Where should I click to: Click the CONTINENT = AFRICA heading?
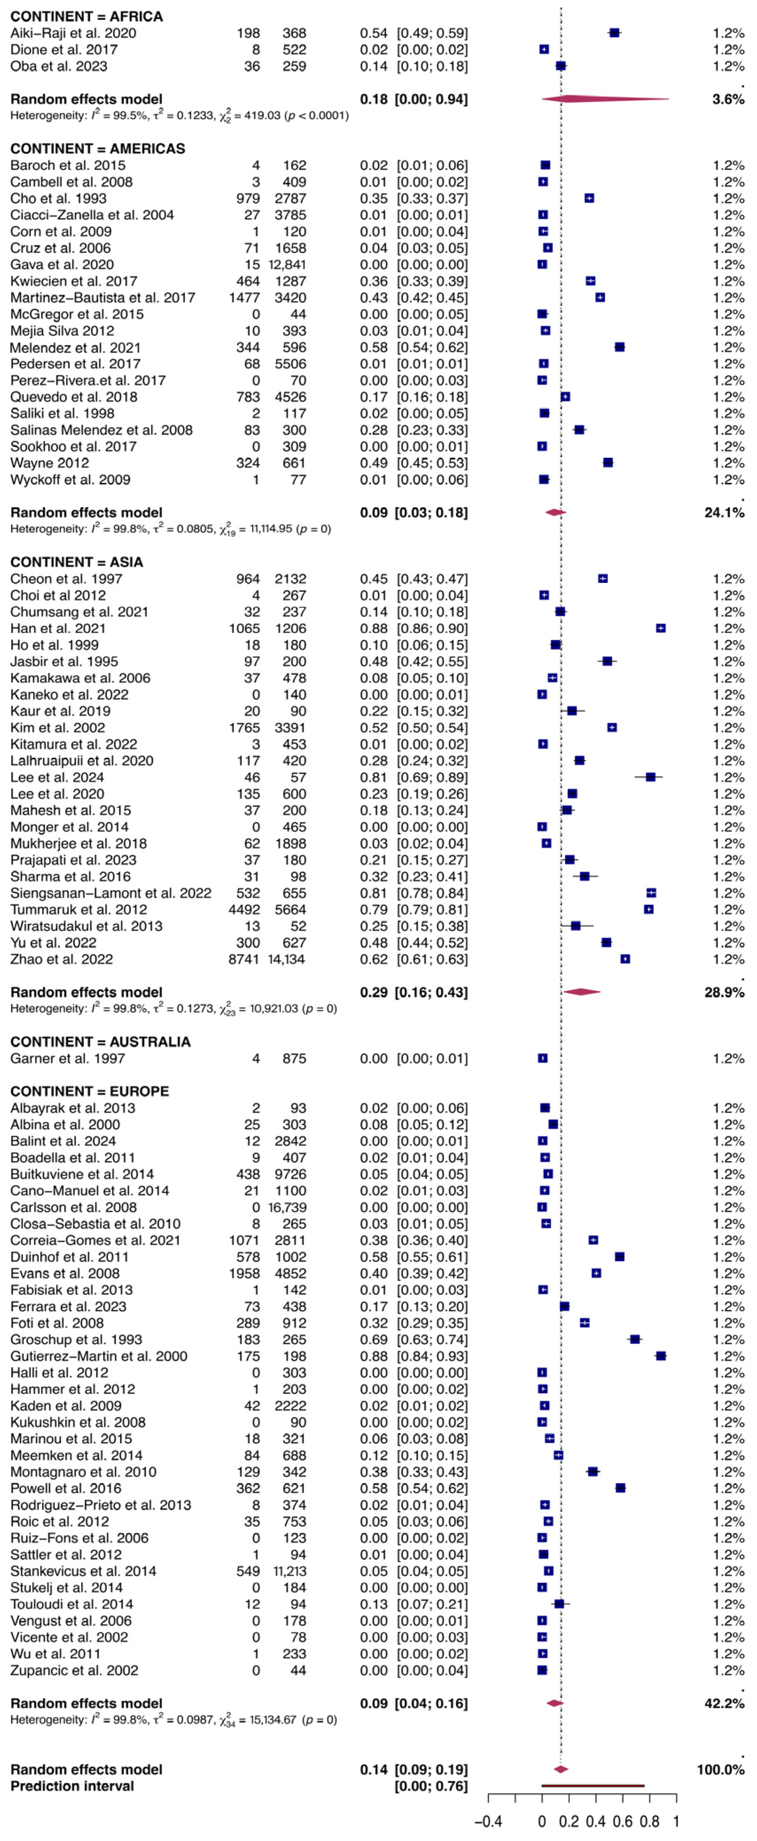tap(86, 16)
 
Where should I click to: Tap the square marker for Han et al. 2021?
tap(660, 628)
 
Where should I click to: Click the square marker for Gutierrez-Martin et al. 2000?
tap(660, 1356)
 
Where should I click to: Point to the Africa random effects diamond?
tap(604, 99)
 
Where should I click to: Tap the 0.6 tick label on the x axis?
tap(623, 1821)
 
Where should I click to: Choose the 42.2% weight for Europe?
tap(724, 1703)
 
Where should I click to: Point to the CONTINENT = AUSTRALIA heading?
tap(100, 1041)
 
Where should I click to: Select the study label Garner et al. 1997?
tap(67, 1058)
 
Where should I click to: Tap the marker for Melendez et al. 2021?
tap(620, 347)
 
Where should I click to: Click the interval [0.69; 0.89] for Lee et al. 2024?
tap(432, 777)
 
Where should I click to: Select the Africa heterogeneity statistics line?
tap(179, 115)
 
